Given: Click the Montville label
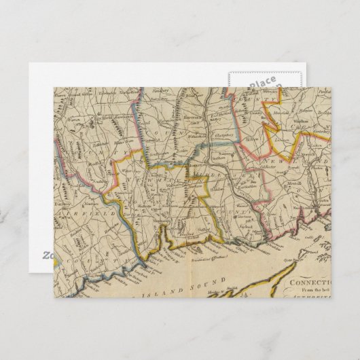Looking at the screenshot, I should (291, 183).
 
